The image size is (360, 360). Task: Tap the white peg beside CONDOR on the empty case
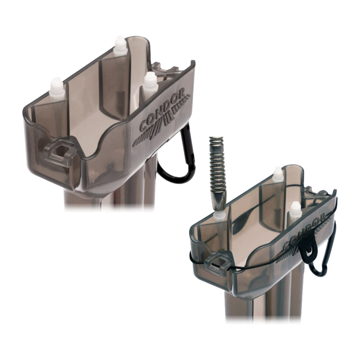tap(149, 81)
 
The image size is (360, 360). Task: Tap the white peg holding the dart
tap(219, 216)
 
